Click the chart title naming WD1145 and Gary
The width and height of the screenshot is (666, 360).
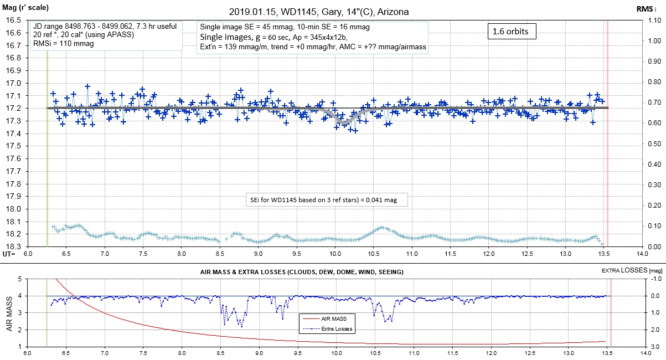[x=320, y=12]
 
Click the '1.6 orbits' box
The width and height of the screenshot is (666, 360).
[x=510, y=32]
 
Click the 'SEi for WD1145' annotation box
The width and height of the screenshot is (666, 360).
[x=326, y=199]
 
